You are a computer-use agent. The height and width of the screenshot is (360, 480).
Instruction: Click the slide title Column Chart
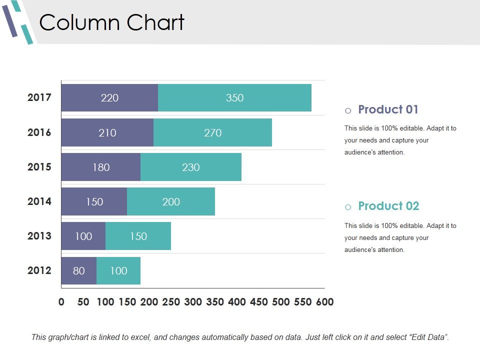tap(112, 23)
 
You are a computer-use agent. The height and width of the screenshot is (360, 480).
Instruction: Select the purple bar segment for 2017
tap(109, 98)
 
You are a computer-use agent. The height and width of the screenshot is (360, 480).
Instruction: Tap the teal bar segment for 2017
tap(234, 98)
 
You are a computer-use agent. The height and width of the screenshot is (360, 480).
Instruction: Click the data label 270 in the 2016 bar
tap(212, 133)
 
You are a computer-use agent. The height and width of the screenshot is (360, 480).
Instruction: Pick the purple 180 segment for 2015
tap(101, 167)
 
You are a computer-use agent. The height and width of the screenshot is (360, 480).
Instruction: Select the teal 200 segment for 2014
tap(171, 202)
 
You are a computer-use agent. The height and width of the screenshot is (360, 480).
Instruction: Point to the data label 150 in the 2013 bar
tap(138, 236)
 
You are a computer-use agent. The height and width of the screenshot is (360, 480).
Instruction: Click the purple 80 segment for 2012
tap(79, 271)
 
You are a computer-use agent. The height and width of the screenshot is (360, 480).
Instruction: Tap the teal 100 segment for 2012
tap(118, 271)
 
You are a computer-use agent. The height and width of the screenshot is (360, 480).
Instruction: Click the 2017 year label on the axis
tap(39, 97)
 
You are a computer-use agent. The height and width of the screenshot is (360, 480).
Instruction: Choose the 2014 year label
tap(39, 201)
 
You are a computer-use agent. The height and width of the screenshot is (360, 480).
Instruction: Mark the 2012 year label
tap(39, 270)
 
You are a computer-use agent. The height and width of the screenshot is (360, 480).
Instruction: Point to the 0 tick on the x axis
tap(61, 302)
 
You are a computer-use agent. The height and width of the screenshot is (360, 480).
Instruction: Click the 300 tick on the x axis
tap(193, 302)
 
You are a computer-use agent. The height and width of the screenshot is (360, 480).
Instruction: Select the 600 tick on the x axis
tap(324, 302)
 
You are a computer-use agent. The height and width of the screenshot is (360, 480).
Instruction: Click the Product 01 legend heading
tap(388, 109)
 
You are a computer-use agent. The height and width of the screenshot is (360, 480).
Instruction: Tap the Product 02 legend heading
tap(388, 206)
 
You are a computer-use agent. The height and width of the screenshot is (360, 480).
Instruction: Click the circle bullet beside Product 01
tap(348, 110)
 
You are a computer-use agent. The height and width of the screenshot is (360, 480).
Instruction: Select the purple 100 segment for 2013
tap(83, 236)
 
